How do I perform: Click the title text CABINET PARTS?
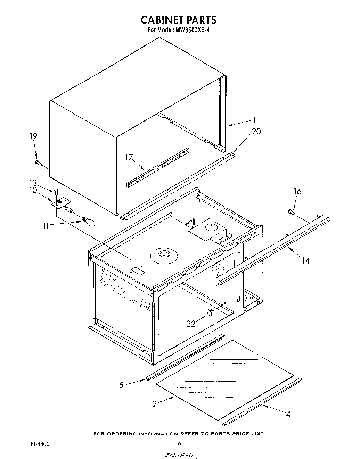coord(178,20)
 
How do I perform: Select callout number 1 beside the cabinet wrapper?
coord(254,120)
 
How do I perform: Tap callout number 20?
coord(256,132)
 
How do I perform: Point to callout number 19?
coord(33,136)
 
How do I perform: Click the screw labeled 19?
coord(38,162)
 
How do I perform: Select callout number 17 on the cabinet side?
coord(129,158)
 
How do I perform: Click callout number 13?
coord(33,183)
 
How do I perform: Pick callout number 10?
coord(33,190)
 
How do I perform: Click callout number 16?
coord(297,191)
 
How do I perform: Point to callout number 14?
coord(305,260)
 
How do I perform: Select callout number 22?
coord(191,324)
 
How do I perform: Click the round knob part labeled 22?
coord(210,312)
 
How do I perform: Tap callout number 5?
coord(121,385)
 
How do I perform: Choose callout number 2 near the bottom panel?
coord(154,404)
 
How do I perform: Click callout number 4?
coord(288,414)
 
